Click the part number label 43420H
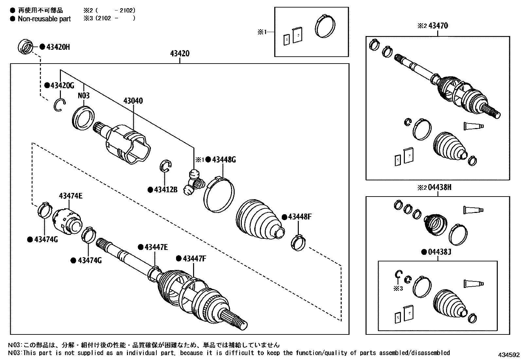pyautogui.click(x=58, y=47)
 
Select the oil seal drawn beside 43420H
pyautogui.click(x=25, y=47)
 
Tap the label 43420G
pyautogui.click(x=62, y=85)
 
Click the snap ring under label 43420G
pyautogui.click(x=60, y=105)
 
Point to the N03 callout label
pyautogui.click(x=84, y=95)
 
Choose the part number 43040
pyautogui.click(x=133, y=101)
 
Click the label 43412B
pyautogui.click(x=166, y=190)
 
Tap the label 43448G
pyautogui.click(x=224, y=160)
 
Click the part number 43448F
pyautogui.click(x=300, y=217)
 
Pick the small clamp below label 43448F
pyautogui.click(x=298, y=243)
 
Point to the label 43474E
pyautogui.click(x=71, y=196)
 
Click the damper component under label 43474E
pyautogui.click(x=67, y=221)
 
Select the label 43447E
pyautogui.click(x=156, y=247)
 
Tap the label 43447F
pyautogui.click(x=194, y=258)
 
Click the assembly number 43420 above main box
pyautogui.click(x=180, y=53)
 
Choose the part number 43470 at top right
pyautogui.click(x=438, y=26)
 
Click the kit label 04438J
pyautogui.click(x=440, y=252)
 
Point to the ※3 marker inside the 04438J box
pyautogui.click(x=398, y=289)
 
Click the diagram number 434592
pyautogui.click(x=509, y=355)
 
